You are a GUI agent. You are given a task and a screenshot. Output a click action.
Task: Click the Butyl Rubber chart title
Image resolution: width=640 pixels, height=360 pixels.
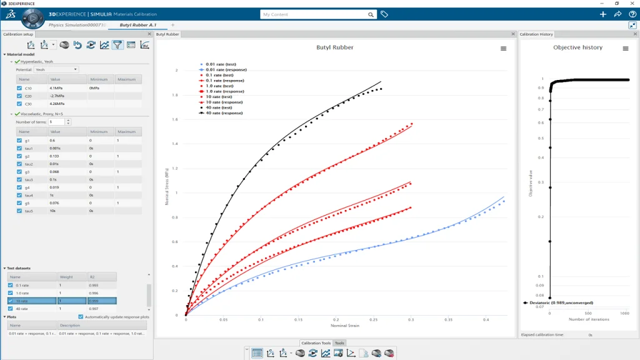tap(334, 47)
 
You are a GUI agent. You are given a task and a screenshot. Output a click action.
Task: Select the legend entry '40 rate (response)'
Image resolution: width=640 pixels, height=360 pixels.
tap(224, 113)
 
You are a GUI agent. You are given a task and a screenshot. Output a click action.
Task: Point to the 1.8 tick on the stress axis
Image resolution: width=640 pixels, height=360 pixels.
tap(176, 95)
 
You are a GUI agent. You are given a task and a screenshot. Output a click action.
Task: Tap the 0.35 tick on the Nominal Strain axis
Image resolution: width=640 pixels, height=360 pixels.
tap(448, 319)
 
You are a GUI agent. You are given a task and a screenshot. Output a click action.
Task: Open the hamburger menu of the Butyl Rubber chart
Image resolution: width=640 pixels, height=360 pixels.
tap(503, 48)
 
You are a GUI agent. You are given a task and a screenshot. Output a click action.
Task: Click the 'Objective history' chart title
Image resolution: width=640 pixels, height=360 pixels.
tap(578, 47)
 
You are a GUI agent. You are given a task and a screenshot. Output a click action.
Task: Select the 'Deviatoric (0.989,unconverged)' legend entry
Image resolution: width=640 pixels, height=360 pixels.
tap(561, 302)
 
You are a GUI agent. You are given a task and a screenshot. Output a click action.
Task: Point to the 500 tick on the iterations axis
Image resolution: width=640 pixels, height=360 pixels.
tap(587, 312)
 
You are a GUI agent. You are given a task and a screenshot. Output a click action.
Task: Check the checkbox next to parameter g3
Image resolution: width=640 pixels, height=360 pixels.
tap(19, 172)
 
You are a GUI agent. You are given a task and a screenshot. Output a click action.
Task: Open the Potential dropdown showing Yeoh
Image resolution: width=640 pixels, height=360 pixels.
tap(56, 69)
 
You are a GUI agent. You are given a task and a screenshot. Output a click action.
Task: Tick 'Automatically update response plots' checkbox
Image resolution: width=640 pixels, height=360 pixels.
tap(81, 317)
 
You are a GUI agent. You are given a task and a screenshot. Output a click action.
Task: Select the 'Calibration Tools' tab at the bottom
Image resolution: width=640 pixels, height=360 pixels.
tap(316, 343)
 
